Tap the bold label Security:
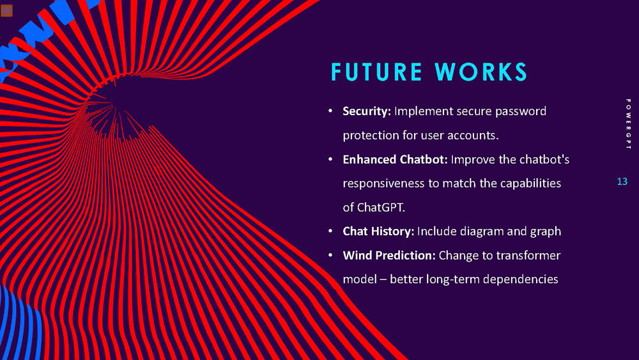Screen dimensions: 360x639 point(367,111)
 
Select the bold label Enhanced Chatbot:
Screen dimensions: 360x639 point(395,159)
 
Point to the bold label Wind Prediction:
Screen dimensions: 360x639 point(389,255)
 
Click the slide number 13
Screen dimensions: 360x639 point(622,182)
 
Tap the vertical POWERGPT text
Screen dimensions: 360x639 point(628,124)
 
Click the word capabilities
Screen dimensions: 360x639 point(528,184)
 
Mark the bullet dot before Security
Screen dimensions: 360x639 point(330,112)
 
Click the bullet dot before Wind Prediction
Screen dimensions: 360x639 point(330,256)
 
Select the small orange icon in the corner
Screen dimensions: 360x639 point(7,10)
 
